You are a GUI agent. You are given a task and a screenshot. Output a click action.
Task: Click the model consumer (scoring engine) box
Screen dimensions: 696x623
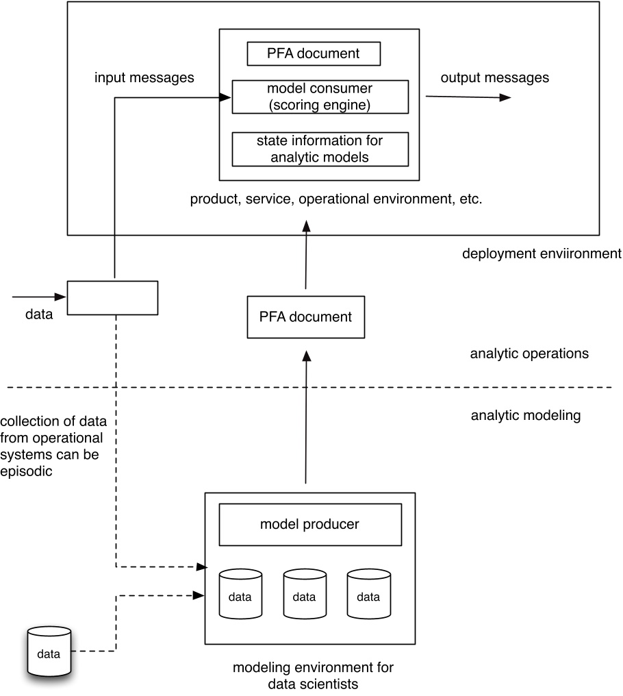(320, 97)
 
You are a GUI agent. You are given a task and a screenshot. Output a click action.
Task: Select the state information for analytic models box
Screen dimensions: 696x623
(320, 149)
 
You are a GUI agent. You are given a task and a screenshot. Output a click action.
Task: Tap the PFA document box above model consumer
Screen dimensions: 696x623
(314, 53)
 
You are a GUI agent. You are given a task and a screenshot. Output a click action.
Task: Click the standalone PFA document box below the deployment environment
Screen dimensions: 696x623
(305, 317)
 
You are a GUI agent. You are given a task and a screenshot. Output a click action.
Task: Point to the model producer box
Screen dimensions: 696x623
(309, 525)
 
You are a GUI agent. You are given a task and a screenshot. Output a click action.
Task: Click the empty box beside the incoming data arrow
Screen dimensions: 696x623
(112, 297)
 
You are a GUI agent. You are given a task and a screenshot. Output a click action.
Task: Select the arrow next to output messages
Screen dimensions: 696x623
(468, 97)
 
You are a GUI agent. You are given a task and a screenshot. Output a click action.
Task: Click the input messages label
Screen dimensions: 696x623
(144, 77)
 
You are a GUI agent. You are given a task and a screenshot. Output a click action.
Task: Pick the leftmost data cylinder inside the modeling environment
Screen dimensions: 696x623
(240, 593)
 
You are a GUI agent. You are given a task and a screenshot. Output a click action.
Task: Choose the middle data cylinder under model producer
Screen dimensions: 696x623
(305, 593)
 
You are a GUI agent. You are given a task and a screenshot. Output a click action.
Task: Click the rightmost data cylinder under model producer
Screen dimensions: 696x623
(368, 593)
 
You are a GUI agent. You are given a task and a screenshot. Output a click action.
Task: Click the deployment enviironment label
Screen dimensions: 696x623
(542, 253)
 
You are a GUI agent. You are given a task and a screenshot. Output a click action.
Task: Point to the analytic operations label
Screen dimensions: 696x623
(529, 354)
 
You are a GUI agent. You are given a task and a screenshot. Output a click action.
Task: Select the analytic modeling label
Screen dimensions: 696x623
(526, 415)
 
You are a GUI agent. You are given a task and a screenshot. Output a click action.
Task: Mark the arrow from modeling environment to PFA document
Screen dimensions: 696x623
(306, 418)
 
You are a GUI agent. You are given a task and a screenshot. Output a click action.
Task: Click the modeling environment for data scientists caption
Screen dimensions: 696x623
(314, 675)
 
